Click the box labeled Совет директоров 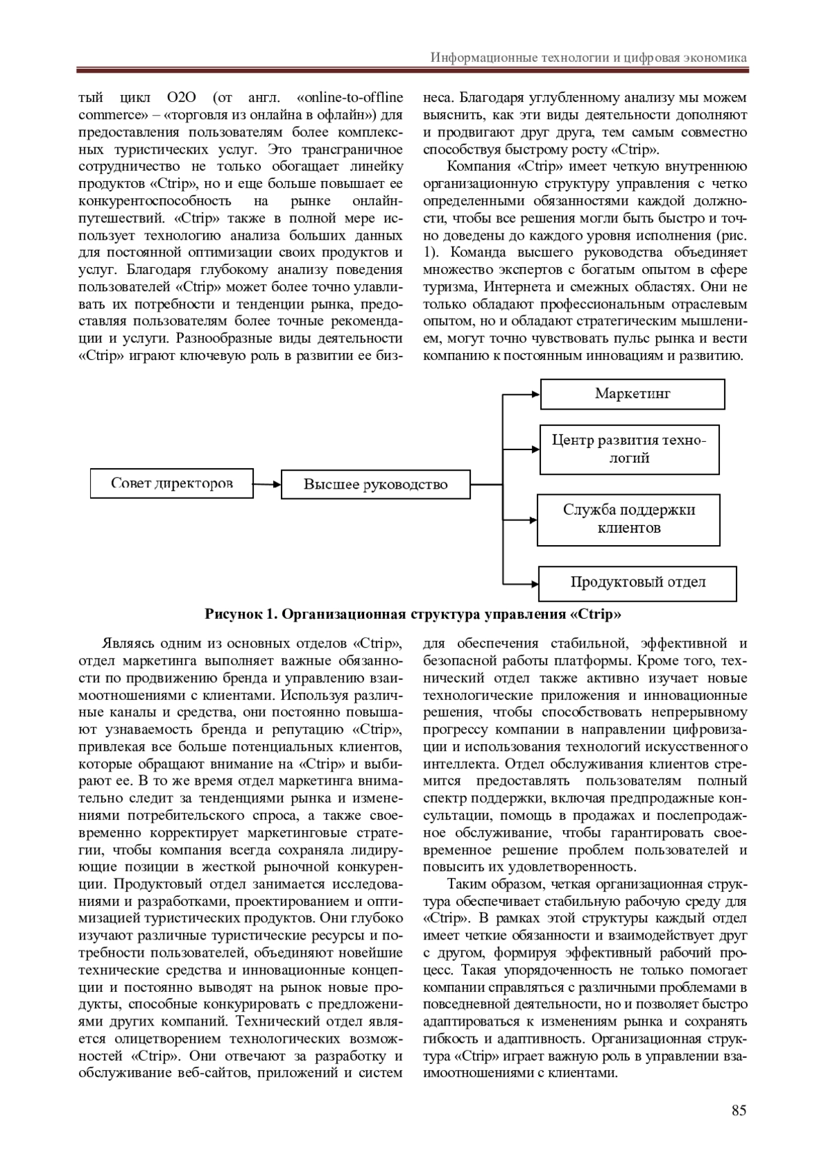click(x=171, y=483)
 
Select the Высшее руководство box click(x=376, y=485)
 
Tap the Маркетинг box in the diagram click(x=632, y=394)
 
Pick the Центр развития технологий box click(x=629, y=449)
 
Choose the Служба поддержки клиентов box click(x=628, y=519)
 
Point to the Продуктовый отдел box click(x=637, y=582)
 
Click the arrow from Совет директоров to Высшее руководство click(x=267, y=485)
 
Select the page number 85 click(x=739, y=1109)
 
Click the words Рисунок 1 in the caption click(x=240, y=613)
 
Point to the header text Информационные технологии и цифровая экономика click(x=589, y=57)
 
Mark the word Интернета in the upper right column click(x=516, y=286)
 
